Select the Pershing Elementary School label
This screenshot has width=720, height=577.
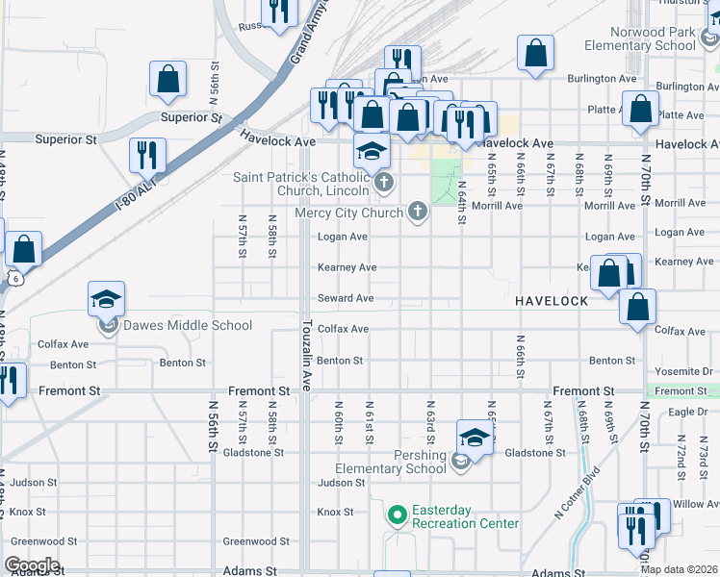click(392, 463)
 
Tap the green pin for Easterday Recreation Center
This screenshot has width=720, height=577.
click(396, 516)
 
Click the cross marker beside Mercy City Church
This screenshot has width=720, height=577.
click(417, 211)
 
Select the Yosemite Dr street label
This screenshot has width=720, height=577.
click(680, 371)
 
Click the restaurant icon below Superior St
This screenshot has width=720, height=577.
click(147, 155)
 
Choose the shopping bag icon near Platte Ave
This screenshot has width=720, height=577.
click(640, 110)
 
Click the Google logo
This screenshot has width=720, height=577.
click(32, 565)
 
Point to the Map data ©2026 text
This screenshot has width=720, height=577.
click(678, 569)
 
